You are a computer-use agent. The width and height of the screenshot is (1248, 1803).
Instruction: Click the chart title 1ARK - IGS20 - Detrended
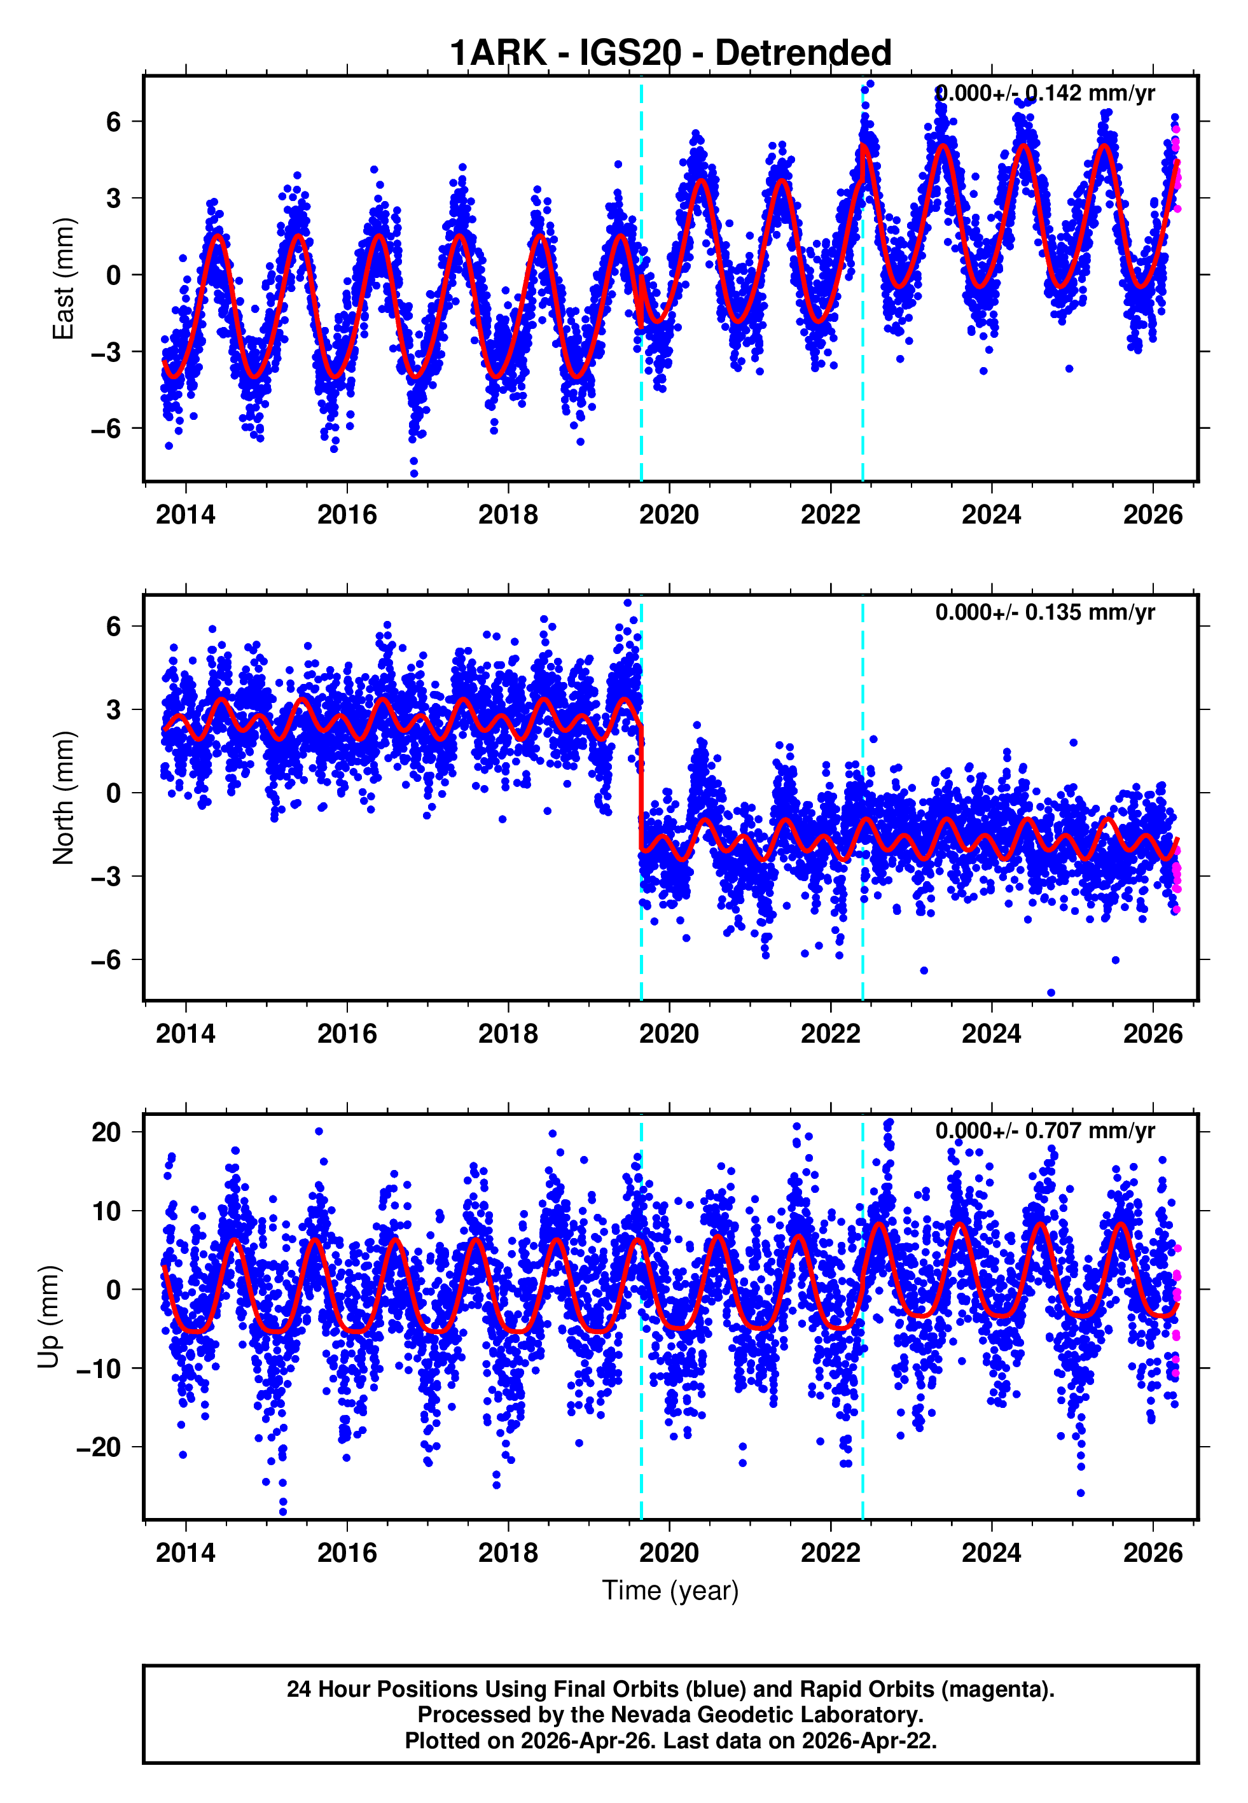[670, 53]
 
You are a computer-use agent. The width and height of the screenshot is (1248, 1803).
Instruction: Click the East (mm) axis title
[64, 279]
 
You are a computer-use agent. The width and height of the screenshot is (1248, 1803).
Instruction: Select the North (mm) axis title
[64, 798]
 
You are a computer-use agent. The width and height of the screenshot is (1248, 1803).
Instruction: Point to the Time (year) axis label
[670, 1591]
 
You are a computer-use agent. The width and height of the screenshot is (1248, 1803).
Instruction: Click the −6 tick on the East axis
[106, 428]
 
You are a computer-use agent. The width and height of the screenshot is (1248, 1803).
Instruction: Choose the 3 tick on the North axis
[114, 710]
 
